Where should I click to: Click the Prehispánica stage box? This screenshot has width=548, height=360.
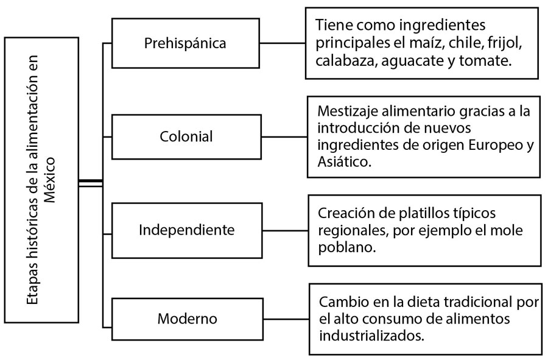(x=186, y=43)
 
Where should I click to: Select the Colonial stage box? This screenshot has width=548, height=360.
(x=186, y=136)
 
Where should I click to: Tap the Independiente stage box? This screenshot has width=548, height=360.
(x=187, y=231)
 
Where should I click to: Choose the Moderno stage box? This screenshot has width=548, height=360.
(x=188, y=319)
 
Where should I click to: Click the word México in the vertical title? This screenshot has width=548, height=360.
(x=50, y=180)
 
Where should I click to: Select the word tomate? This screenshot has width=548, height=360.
(x=485, y=61)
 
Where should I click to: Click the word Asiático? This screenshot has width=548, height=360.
(x=344, y=161)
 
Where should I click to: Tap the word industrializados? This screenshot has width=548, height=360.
(x=371, y=336)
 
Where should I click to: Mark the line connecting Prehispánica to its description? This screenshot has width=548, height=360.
(x=283, y=43)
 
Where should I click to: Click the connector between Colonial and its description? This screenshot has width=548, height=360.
(x=284, y=136)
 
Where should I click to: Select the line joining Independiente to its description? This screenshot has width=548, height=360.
(x=285, y=231)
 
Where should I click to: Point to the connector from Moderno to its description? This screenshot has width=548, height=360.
(x=286, y=319)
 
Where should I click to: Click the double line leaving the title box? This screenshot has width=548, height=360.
(x=91, y=183)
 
